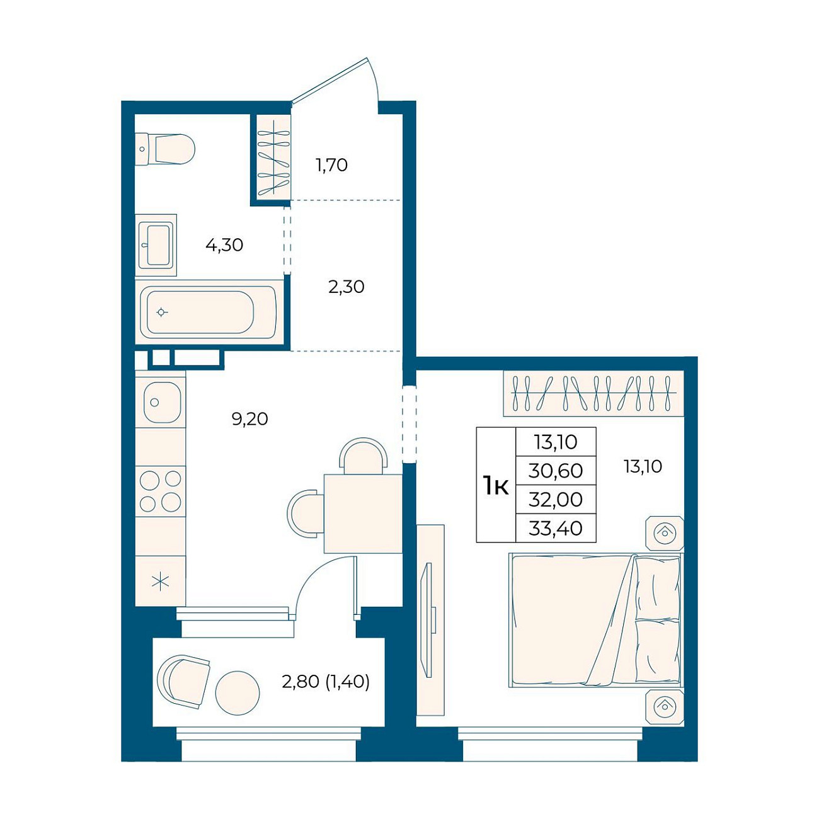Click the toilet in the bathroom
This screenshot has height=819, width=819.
point(165,149)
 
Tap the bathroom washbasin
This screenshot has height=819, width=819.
point(156,245)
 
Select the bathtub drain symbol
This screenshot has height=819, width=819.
point(161,312)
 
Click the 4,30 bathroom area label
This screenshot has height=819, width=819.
point(224,245)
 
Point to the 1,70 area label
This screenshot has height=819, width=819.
point(331,164)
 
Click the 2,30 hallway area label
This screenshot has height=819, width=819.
point(346,287)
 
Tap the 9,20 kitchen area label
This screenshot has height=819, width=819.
point(249,419)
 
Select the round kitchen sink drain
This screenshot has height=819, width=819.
point(155,402)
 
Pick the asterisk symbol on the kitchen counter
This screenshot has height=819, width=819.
point(161,581)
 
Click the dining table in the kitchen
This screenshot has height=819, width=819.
point(363,514)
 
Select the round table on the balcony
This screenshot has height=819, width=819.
point(237,694)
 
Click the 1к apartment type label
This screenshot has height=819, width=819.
point(496,486)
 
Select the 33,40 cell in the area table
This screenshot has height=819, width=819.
point(556,529)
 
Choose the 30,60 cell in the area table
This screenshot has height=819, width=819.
point(556,471)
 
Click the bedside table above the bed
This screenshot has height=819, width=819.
point(665,533)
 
